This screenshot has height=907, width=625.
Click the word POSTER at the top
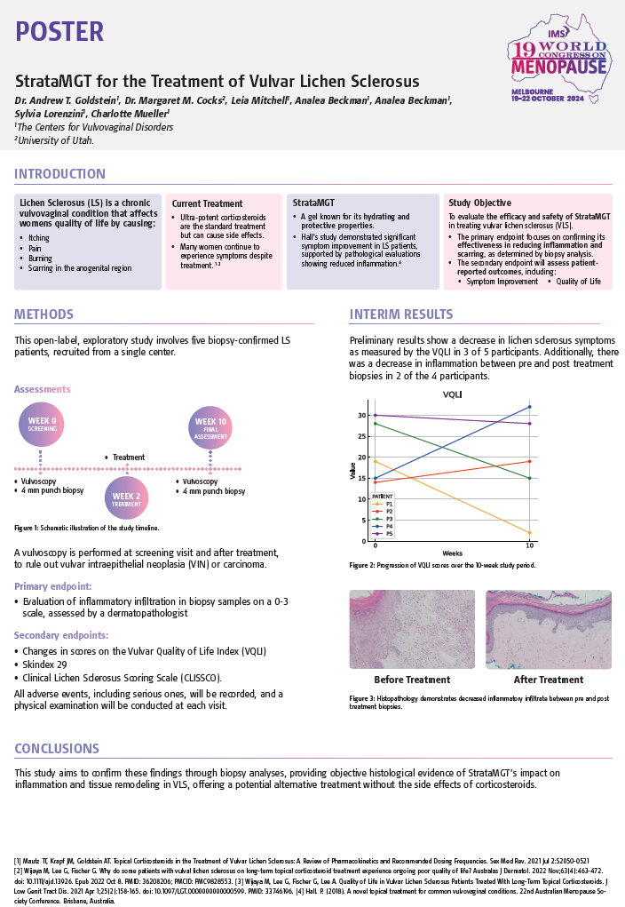59,31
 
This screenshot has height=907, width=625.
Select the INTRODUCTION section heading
60,174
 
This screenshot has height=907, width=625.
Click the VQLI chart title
453,394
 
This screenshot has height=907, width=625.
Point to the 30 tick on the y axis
362,415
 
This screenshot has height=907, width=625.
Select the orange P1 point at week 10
529,533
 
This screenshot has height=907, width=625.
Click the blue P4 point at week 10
529,407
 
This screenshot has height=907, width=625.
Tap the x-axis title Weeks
453,553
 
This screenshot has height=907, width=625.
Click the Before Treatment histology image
411,630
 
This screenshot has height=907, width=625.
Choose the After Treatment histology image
549,630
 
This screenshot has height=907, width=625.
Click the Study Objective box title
479,203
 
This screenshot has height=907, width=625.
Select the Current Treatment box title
207,203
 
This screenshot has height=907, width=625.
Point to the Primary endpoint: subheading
51,586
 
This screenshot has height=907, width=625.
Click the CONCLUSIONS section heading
57,749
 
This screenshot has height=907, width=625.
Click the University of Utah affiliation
55,140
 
